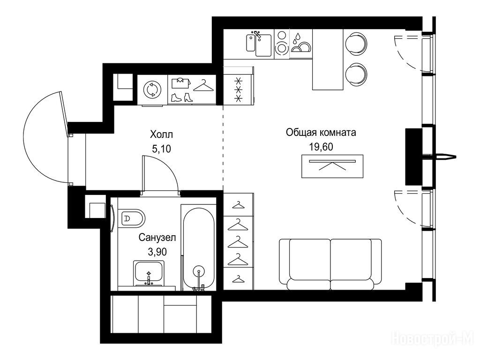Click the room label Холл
pos(161,135)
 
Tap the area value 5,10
pos(161,149)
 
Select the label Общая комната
pos(321,133)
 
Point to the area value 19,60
pos(321,147)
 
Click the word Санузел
pos(157,238)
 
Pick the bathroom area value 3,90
pos(157,252)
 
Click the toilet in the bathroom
pos(131,218)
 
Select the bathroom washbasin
pos(149,273)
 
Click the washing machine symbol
pos(152,90)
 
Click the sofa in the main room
pos(330,264)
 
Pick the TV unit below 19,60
pos(332,166)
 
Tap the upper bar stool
pos(356,43)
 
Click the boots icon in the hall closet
pos(182,97)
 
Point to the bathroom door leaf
pos(143,173)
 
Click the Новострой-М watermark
pos(433,338)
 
